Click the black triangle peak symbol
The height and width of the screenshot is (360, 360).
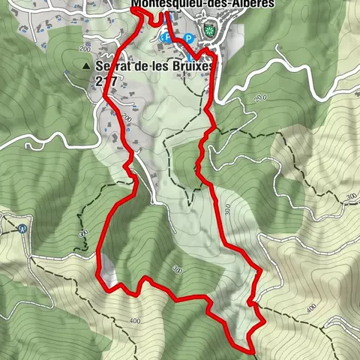pyautogui.click(x=87, y=66)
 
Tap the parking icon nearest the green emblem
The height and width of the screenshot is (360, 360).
pyautogui.click(x=189, y=37)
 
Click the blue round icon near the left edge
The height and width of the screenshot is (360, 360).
pyautogui.click(x=23, y=229)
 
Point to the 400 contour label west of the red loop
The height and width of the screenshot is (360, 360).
pyautogui.click(x=135, y=321)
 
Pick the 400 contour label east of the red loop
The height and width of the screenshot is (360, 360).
pyautogui.click(x=310, y=307)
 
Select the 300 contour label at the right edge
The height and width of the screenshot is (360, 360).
pyautogui.click(x=350, y=196)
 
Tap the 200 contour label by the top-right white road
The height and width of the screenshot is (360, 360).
pyautogui.click(x=260, y=97)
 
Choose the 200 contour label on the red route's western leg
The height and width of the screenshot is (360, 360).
pyautogui.click(x=125, y=119)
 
